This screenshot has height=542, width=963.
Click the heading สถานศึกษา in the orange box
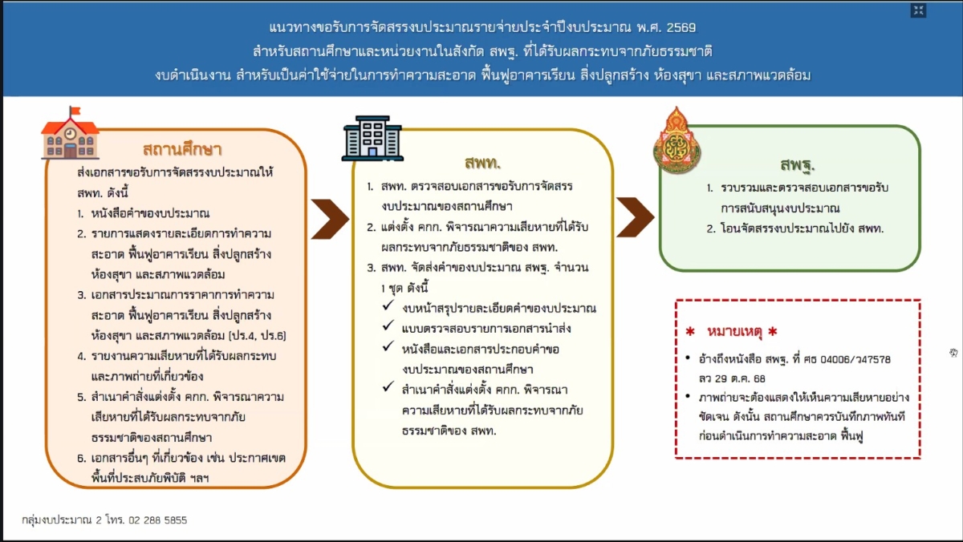(x=182, y=150)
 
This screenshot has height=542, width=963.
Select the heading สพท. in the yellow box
(x=482, y=163)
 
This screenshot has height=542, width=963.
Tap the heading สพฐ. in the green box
(x=797, y=166)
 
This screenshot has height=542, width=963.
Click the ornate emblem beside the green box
(x=677, y=142)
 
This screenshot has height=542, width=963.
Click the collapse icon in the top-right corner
(x=919, y=10)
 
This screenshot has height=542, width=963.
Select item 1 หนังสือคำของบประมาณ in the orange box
(x=144, y=213)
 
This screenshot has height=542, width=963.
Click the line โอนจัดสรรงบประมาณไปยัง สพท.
(x=802, y=229)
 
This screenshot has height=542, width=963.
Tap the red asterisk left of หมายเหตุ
(x=689, y=333)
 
